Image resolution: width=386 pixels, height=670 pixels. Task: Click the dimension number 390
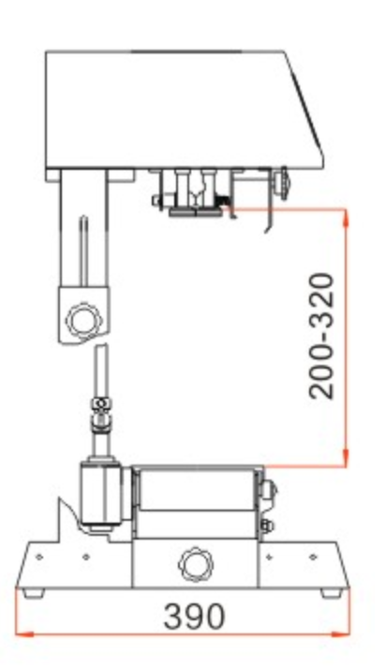194,616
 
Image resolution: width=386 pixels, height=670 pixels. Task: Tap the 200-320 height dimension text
320,336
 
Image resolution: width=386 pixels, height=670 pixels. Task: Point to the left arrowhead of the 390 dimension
24,634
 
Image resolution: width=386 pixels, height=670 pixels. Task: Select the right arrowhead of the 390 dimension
340,634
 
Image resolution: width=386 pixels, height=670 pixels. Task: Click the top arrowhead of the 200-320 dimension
346,218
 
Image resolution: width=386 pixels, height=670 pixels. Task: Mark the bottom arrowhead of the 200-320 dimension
346,458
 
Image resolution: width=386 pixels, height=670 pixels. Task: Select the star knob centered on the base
196,563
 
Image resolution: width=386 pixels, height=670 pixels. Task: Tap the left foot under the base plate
34,592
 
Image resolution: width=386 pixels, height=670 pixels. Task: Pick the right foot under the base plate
332,593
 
